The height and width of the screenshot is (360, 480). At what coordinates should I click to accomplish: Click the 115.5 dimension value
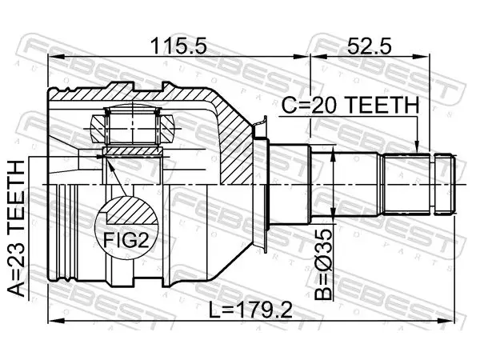(178, 46)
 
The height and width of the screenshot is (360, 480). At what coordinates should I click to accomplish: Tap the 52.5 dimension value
(369, 46)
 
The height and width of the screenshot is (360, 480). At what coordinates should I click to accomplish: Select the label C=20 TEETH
(350, 105)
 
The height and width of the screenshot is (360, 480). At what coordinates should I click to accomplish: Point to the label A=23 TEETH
(16, 229)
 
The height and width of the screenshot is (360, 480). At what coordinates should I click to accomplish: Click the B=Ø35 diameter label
(323, 264)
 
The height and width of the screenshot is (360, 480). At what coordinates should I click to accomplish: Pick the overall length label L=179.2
(250, 310)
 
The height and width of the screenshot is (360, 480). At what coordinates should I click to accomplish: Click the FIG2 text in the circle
(126, 240)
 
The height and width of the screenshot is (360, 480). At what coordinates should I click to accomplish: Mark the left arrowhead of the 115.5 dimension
(56, 57)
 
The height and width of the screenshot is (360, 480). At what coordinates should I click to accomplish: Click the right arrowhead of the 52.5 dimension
(422, 57)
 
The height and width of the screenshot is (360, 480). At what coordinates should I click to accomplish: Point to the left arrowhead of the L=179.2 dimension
(56, 321)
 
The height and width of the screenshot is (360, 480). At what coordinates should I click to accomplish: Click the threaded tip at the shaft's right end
(444, 185)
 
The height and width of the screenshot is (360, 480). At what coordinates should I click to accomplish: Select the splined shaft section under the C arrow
(406, 184)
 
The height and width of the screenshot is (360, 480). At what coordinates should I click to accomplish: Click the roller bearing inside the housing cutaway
(132, 126)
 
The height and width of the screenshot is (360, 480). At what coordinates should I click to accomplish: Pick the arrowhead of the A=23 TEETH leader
(100, 157)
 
